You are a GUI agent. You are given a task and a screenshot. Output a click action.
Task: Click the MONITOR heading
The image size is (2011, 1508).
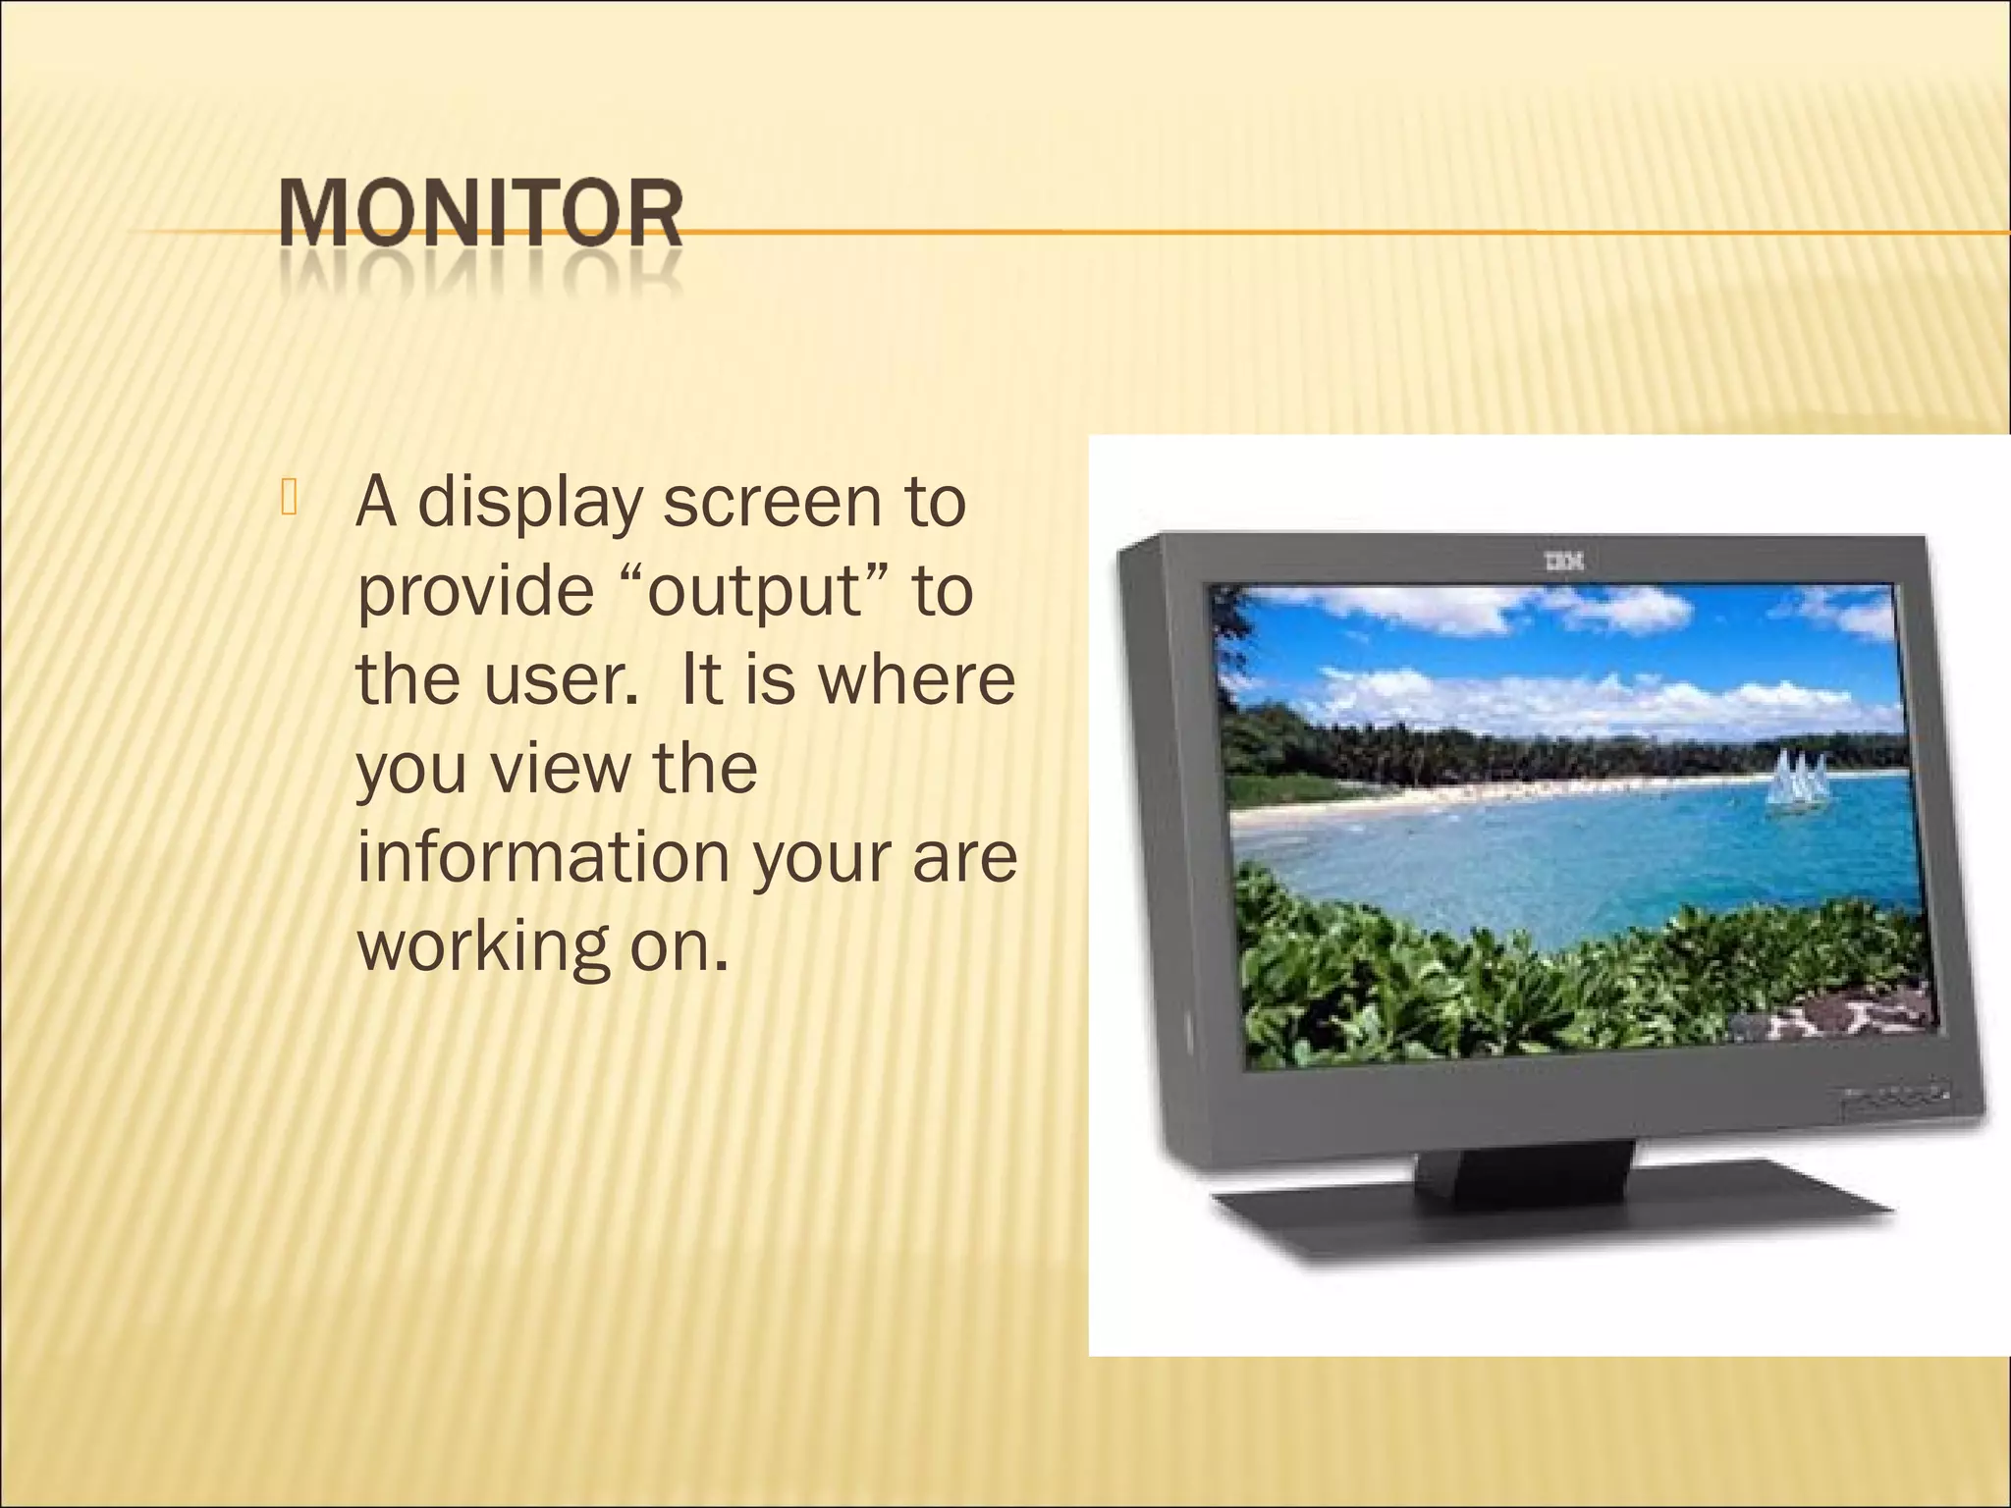pos(480,213)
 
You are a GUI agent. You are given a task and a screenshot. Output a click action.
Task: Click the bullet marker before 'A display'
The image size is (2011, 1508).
pos(288,498)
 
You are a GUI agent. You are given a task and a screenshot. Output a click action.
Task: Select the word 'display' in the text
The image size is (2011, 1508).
pos(529,503)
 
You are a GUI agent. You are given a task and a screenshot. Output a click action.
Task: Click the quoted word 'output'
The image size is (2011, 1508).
pos(754,593)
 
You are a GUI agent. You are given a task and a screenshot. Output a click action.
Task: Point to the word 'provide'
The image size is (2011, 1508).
pos(476,591)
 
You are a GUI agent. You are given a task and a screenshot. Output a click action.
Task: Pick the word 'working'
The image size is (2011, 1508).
pos(482,947)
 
